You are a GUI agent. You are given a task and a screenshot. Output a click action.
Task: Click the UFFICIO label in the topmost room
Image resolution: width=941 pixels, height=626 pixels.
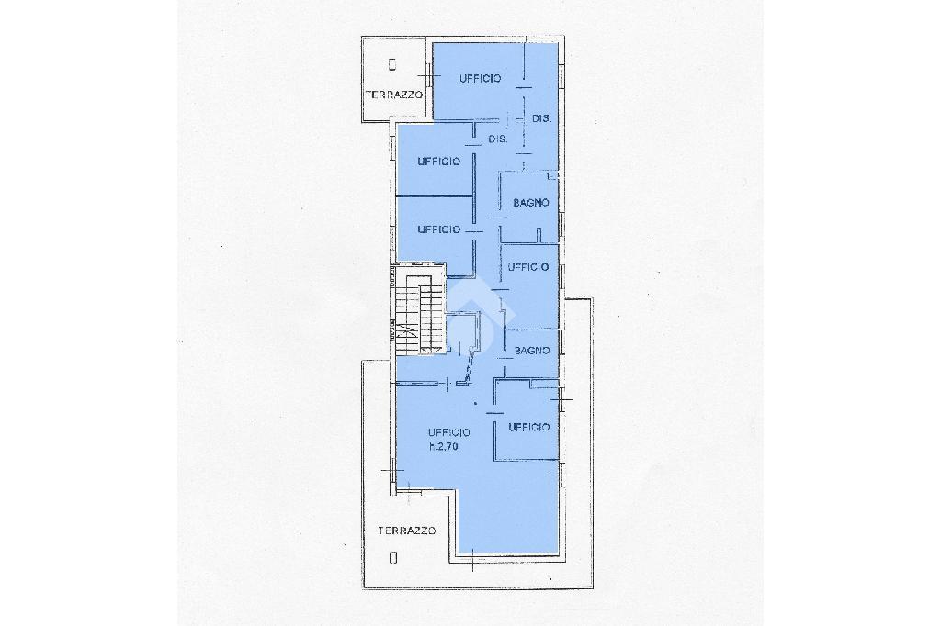pyautogui.click(x=480, y=79)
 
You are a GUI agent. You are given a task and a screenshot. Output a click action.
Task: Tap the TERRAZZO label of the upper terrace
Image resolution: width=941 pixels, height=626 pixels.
pyautogui.click(x=394, y=95)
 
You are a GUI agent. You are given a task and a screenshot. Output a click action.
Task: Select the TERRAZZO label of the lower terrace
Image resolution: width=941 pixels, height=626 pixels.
pyautogui.click(x=407, y=531)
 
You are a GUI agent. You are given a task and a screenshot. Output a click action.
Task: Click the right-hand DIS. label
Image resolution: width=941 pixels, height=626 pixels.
pyautogui.click(x=541, y=118)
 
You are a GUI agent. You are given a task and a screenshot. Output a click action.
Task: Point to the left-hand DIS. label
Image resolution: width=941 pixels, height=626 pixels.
pyautogui.click(x=498, y=140)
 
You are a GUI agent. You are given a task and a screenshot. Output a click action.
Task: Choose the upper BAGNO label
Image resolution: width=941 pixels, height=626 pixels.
pyautogui.click(x=531, y=203)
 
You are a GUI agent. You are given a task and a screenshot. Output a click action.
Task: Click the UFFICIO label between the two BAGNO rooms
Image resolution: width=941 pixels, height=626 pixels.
pyautogui.click(x=528, y=267)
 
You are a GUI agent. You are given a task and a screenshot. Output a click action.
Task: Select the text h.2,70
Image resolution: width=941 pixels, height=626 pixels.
pyautogui.click(x=444, y=445)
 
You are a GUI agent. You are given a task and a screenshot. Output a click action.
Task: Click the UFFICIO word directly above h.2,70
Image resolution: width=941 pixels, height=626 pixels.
pyautogui.click(x=448, y=432)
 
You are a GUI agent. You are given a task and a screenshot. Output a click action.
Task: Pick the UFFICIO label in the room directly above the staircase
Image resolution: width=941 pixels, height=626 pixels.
pyautogui.click(x=438, y=229)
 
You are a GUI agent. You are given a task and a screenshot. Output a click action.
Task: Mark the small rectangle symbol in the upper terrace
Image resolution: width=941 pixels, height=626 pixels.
pyautogui.click(x=392, y=63)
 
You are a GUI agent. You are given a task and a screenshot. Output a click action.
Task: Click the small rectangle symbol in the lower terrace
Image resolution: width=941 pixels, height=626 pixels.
pyautogui.click(x=393, y=558)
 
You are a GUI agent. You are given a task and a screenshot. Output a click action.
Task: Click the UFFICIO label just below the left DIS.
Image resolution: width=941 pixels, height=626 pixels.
pyautogui.click(x=438, y=162)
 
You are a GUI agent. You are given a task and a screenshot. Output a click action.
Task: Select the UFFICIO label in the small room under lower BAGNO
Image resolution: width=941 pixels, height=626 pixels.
pyautogui.click(x=528, y=428)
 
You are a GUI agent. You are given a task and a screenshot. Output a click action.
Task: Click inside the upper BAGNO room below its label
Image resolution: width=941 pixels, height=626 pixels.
pyautogui.click(x=528, y=225)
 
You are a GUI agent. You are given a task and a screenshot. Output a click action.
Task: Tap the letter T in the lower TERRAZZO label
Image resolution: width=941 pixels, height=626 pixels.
pyautogui.click(x=381, y=531)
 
